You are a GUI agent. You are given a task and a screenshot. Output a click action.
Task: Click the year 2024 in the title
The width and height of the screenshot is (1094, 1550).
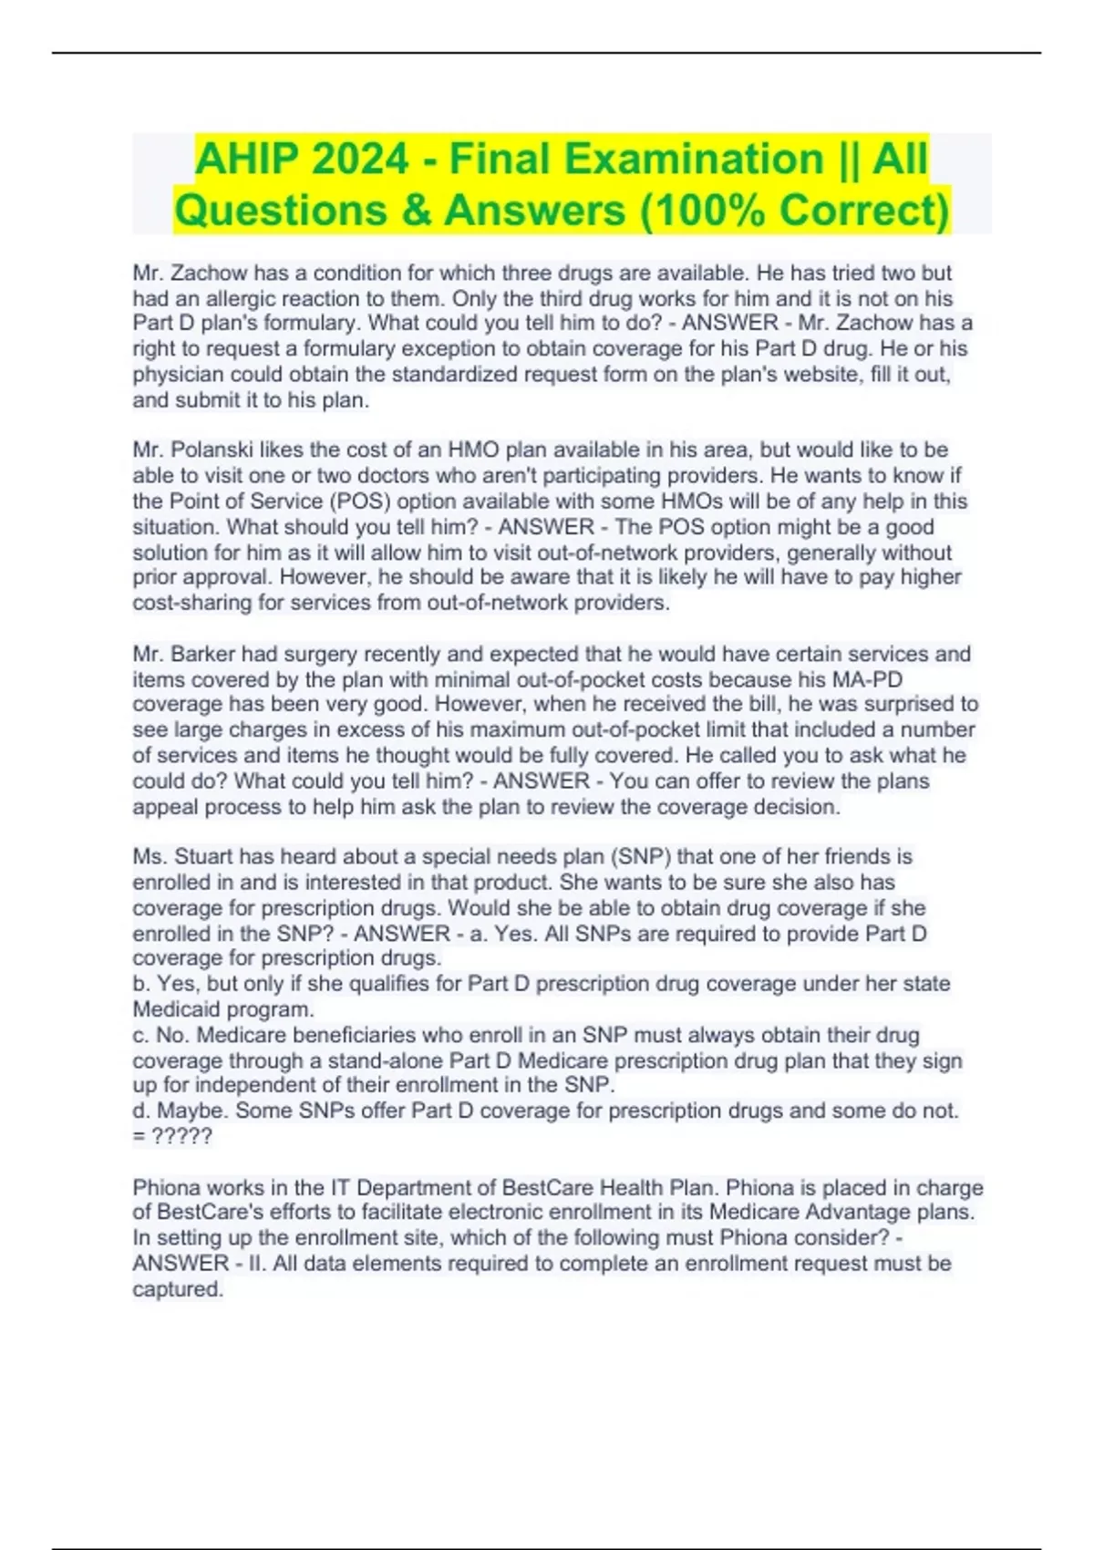click(x=359, y=159)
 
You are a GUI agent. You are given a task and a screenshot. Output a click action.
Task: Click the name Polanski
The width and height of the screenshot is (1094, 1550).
click(x=213, y=449)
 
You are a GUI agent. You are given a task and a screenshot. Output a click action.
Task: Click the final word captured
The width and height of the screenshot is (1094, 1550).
click(x=177, y=1289)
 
